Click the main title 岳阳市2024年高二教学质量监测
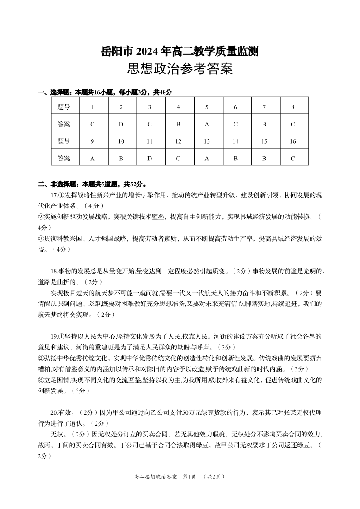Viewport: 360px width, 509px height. [x=180, y=52]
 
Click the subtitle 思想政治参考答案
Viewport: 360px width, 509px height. [x=180, y=69]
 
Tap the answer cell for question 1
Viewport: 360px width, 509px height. [x=92, y=124]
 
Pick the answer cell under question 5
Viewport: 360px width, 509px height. [x=207, y=124]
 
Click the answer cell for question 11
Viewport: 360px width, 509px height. [x=150, y=158]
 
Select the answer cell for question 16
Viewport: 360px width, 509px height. [x=293, y=158]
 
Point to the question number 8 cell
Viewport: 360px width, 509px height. [x=293, y=107]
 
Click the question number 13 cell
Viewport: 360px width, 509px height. [x=207, y=141]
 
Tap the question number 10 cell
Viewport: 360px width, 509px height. [x=121, y=141]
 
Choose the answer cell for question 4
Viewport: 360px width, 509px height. [x=178, y=124]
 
